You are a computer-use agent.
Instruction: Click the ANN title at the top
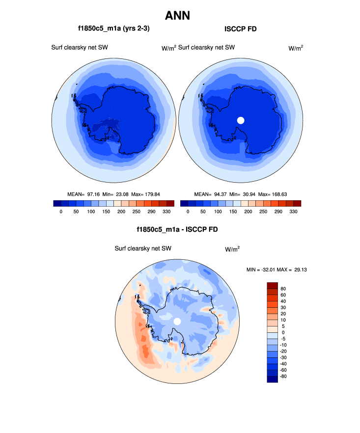[x=177, y=16]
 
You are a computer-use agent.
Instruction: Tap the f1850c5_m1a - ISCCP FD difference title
[x=177, y=230]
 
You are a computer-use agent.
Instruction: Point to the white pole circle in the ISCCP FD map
[x=241, y=120]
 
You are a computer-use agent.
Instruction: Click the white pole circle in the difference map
[x=177, y=321]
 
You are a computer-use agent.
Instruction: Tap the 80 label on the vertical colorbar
[x=283, y=289]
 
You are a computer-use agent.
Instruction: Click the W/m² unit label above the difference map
[x=232, y=249]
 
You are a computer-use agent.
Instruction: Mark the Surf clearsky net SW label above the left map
[x=80, y=48]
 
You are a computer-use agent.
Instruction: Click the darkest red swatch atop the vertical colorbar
[x=273, y=285]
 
